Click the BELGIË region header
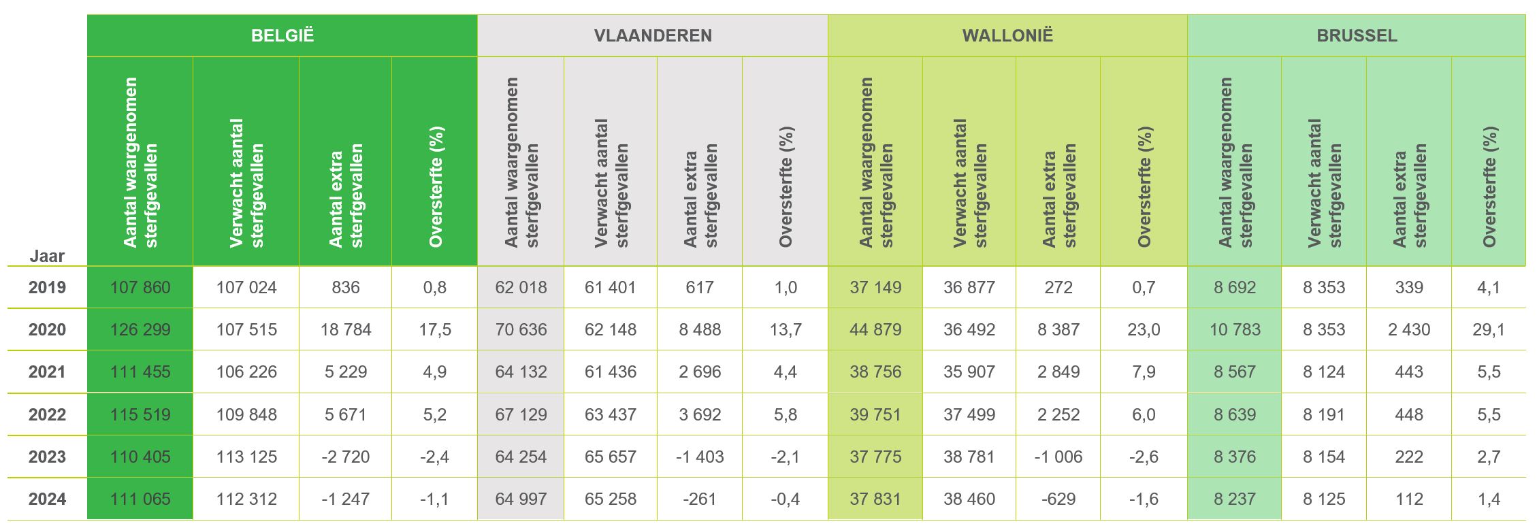282,35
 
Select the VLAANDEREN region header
653,35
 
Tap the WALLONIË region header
1007,35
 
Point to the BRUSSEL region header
1357,35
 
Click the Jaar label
47,257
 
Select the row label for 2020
47,330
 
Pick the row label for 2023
47,457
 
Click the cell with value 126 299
140,330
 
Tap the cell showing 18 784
346,330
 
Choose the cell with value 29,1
1488,330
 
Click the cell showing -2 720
346,457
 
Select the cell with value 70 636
521,330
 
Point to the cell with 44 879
875,330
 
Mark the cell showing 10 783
1235,330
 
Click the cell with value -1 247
346,499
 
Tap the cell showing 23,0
1144,330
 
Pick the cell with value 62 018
521,287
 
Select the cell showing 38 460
969,499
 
